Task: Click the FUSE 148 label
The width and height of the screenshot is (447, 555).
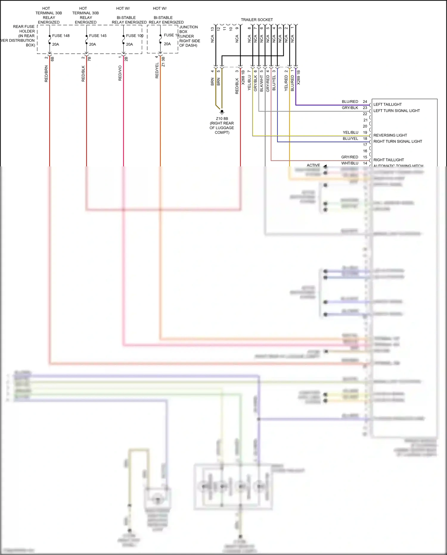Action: [x=61, y=36]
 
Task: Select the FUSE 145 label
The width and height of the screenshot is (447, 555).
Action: [x=98, y=36]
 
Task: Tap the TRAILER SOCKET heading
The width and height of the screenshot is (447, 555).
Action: [x=257, y=20]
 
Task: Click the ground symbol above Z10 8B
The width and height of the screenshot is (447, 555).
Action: [x=222, y=112]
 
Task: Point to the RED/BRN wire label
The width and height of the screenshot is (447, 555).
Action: [x=46, y=74]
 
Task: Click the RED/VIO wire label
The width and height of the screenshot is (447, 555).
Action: [x=120, y=73]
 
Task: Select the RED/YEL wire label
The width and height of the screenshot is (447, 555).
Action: [x=157, y=71]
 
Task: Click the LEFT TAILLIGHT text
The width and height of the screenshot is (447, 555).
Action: [x=387, y=104]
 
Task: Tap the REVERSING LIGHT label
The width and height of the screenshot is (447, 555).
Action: [x=390, y=135]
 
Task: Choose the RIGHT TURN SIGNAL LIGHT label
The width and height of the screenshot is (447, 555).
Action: [x=398, y=141]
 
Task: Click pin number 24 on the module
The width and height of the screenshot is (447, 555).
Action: [x=365, y=102]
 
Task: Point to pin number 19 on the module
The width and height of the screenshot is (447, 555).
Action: [x=365, y=132]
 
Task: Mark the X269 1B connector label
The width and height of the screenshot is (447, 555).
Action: [x=299, y=78]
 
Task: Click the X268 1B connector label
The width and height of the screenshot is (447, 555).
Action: [x=243, y=78]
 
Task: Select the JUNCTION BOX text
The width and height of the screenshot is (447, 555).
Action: [x=188, y=29]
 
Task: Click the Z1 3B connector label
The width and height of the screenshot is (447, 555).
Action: [x=163, y=62]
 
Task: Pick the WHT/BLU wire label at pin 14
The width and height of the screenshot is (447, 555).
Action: [x=350, y=163]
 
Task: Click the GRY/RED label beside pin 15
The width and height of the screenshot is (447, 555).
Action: [x=350, y=157]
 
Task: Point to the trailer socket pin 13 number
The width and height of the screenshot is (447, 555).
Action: [x=212, y=29]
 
